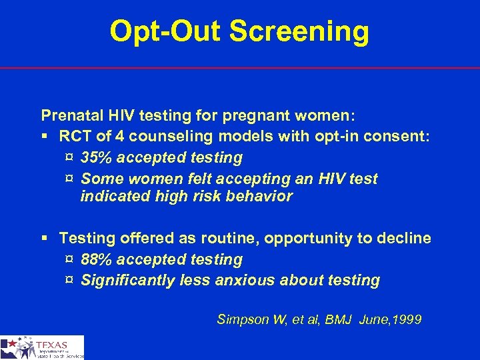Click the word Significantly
128,281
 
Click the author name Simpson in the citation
241,320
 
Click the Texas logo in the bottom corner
42,347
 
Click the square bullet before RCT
45,137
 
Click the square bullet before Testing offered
45,239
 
